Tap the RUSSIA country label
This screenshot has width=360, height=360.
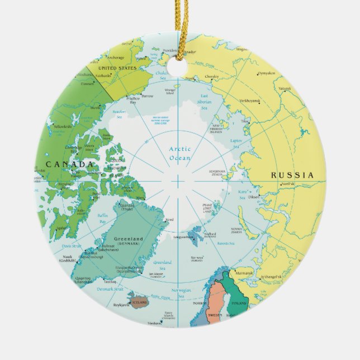coord(292,175)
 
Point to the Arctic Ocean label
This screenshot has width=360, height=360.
coord(180,153)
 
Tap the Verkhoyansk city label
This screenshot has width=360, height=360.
coord(249,101)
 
